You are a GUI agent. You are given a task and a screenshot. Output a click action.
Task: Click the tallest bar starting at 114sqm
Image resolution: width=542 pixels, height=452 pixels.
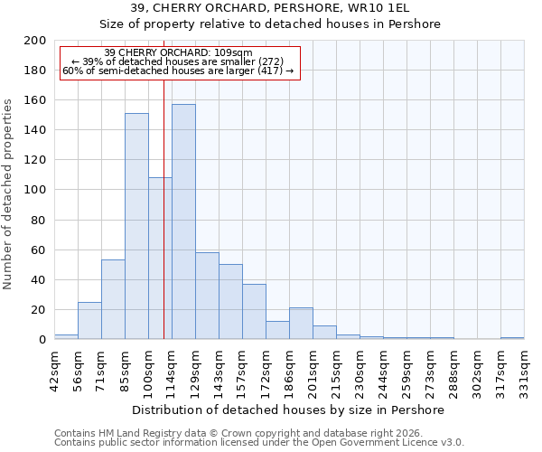pos(183,221)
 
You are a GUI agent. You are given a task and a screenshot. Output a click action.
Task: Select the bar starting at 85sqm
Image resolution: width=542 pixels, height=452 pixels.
pos(136,226)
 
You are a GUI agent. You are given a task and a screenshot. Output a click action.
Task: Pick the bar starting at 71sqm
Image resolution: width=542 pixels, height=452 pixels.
pos(113,299)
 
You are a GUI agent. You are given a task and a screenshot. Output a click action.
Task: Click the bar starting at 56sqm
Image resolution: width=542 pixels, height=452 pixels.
pos(89,321)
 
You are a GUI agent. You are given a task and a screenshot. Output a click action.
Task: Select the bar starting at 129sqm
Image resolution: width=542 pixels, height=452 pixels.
pos(207,296)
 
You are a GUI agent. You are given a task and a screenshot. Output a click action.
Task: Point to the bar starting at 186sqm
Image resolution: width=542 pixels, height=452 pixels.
pos(301,324)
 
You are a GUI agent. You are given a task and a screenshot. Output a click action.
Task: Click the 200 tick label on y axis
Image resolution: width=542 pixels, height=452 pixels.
pos(35,41)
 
